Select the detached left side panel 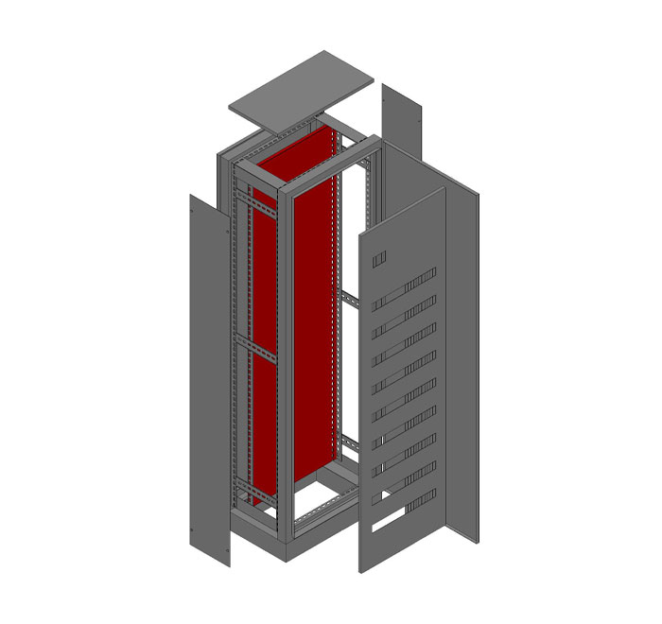coord(210,378)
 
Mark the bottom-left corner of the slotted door coord(360,571)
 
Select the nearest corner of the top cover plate coord(282,130)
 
